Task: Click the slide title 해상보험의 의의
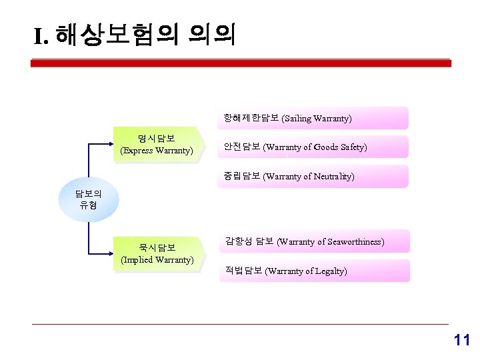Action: (145, 35)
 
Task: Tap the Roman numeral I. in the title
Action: (41, 36)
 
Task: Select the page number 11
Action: (461, 340)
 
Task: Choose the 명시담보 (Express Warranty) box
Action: (156, 145)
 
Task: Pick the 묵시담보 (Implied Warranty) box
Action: (157, 253)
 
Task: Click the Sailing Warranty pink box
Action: (313, 119)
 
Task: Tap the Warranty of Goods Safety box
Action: (313, 147)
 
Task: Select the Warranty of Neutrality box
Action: (313, 177)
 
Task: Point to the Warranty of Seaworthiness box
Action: (313, 241)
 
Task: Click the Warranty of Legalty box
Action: (313, 271)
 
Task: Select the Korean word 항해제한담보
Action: (251, 119)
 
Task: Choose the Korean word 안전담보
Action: (242, 147)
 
